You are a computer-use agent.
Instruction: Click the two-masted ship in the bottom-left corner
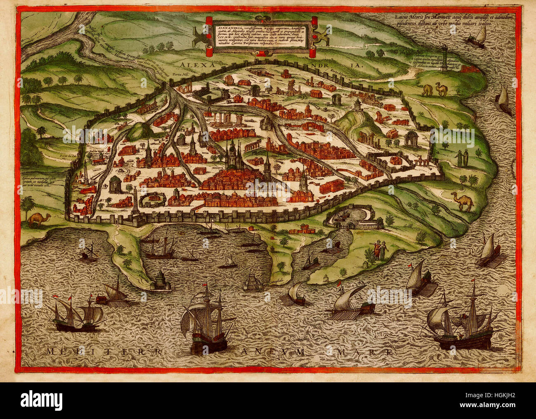[x=77, y=314]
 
